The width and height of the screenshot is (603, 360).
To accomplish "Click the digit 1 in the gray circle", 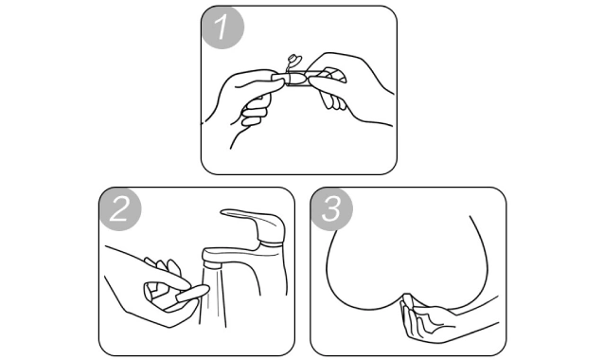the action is coord(222,27).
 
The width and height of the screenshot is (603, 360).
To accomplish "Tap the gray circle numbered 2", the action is coord(120,209).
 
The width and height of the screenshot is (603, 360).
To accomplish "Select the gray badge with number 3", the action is coord(331,209).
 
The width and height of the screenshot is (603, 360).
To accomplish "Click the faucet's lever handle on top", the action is coord(252,223).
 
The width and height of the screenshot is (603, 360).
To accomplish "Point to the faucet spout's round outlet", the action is coord(212,264).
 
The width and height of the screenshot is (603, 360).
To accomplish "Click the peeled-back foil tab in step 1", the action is coord(294,62).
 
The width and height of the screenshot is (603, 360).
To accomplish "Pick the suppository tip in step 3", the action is coord(407,298).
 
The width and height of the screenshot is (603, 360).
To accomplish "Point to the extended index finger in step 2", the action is coord(169,276).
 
